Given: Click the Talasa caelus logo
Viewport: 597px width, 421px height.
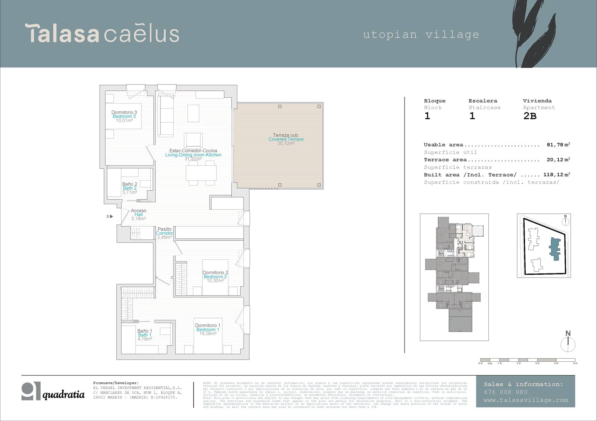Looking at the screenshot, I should click(102, 34).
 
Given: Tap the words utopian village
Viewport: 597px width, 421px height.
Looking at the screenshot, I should click(421, 35).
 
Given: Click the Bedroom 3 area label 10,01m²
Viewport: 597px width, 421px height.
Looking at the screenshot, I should click(124, 121).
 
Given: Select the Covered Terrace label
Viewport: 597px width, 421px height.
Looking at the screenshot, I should click(286, 139).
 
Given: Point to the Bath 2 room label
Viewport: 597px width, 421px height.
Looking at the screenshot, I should click(129, 188).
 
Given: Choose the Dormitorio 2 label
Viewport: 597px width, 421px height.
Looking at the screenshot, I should click(215, 272).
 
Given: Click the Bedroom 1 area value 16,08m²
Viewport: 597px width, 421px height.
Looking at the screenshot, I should click(208, 334).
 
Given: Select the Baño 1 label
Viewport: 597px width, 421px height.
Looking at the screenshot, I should click(144, 331).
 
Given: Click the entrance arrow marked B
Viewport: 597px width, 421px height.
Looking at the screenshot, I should click(110, 216).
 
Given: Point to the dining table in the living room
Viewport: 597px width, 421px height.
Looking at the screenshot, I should click(201, 173).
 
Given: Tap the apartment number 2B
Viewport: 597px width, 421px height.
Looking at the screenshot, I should click(530, 116).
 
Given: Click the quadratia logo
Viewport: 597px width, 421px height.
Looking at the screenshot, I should click(53, 392).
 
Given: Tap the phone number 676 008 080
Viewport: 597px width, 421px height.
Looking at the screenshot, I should click(506, 392).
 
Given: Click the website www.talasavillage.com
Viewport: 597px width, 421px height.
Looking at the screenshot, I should click(525, 400).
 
